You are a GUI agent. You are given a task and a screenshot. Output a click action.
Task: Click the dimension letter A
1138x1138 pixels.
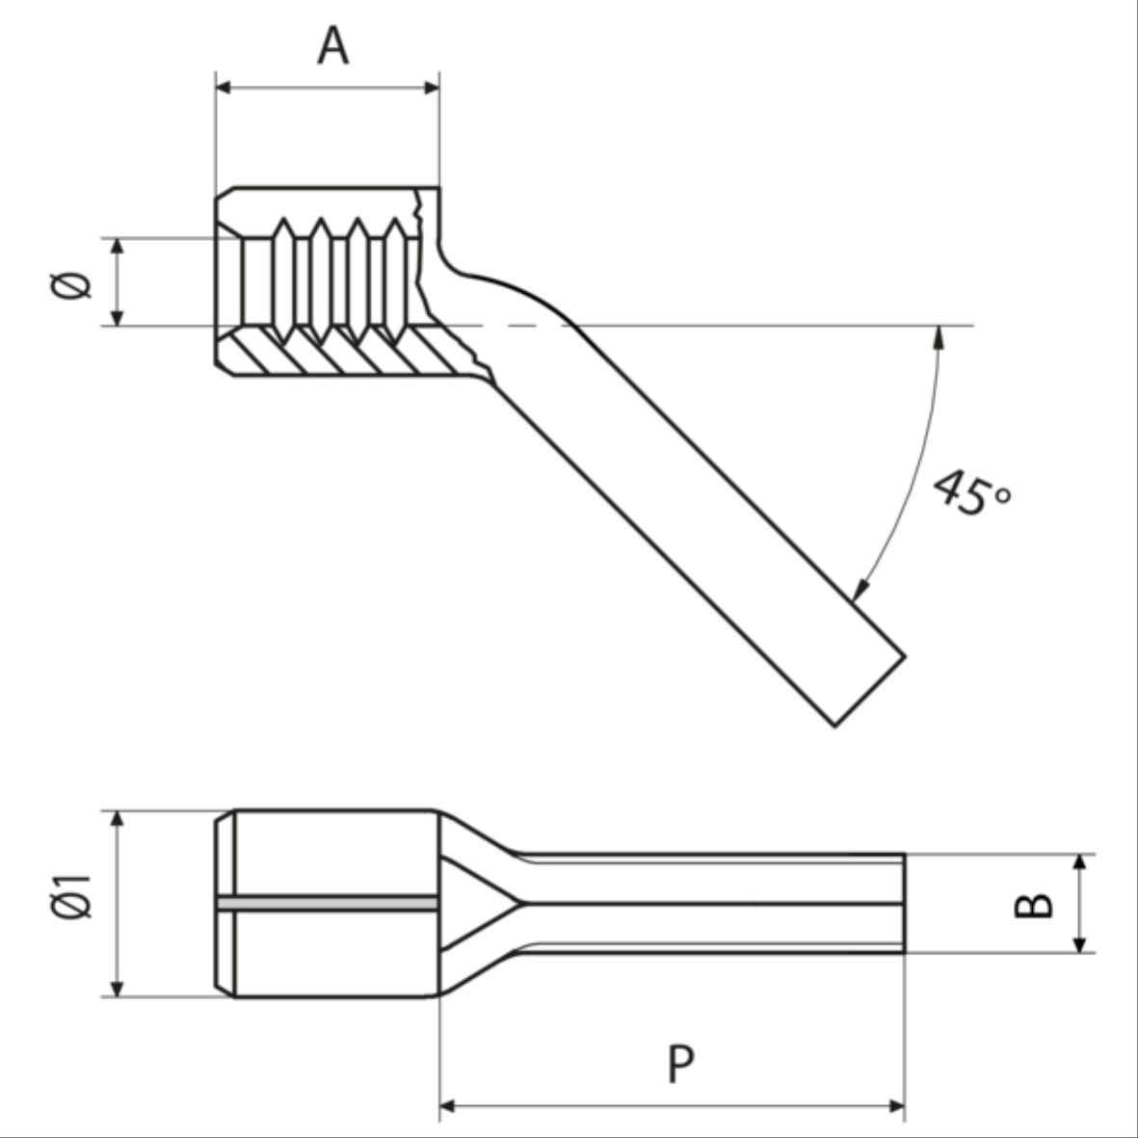pyautogui.click(x=332, y=45)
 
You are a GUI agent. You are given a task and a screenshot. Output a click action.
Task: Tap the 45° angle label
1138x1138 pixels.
pyautogui.click(x=971, y=492)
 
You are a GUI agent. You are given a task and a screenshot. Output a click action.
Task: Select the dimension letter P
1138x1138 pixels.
pyautogui.click(x=680, y=1063)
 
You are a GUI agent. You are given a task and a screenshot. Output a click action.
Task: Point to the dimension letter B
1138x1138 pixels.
pyautogui.click(x=1034, y=904)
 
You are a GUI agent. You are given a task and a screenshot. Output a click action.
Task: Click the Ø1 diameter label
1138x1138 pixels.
pyautogui.click(x=71, y=897)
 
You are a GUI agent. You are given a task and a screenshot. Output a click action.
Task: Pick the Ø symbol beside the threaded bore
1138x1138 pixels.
pyautogui.click(x=71, y=284)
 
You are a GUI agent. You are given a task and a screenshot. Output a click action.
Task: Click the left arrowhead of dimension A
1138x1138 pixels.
pyautogui.click(x=223, y=88)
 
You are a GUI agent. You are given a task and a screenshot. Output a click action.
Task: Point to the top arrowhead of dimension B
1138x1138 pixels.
pyautogui.click(x=1080, y=861)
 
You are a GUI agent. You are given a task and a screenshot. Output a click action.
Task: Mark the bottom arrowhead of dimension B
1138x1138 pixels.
pyautogui.click(x=1080, y=944)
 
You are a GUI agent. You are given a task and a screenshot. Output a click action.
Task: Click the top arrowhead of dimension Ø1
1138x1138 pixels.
pyautogui.click(x=118, y=818)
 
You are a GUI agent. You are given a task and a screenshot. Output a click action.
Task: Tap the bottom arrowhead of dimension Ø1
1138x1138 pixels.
pyautogui.click(x=118, y=989)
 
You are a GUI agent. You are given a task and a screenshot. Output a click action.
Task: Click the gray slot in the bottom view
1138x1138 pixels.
pyautogui.click(x=328, y=903)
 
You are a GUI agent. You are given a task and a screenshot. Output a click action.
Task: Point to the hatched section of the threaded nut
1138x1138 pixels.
pyautogui.click(x=347, y=352)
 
